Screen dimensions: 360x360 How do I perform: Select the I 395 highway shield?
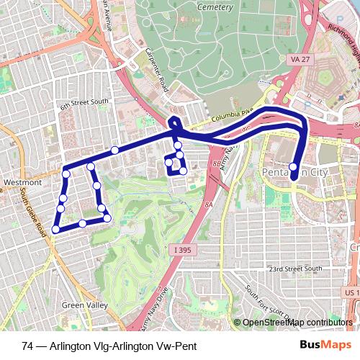(x=184, y=249)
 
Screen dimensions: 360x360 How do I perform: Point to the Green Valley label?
(x=81, y=305)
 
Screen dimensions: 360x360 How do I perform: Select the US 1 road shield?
(x=351, y=293)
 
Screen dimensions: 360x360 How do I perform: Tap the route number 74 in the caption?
(x=27, y=346)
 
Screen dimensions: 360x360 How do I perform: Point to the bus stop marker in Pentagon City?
(x=294, y=168)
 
